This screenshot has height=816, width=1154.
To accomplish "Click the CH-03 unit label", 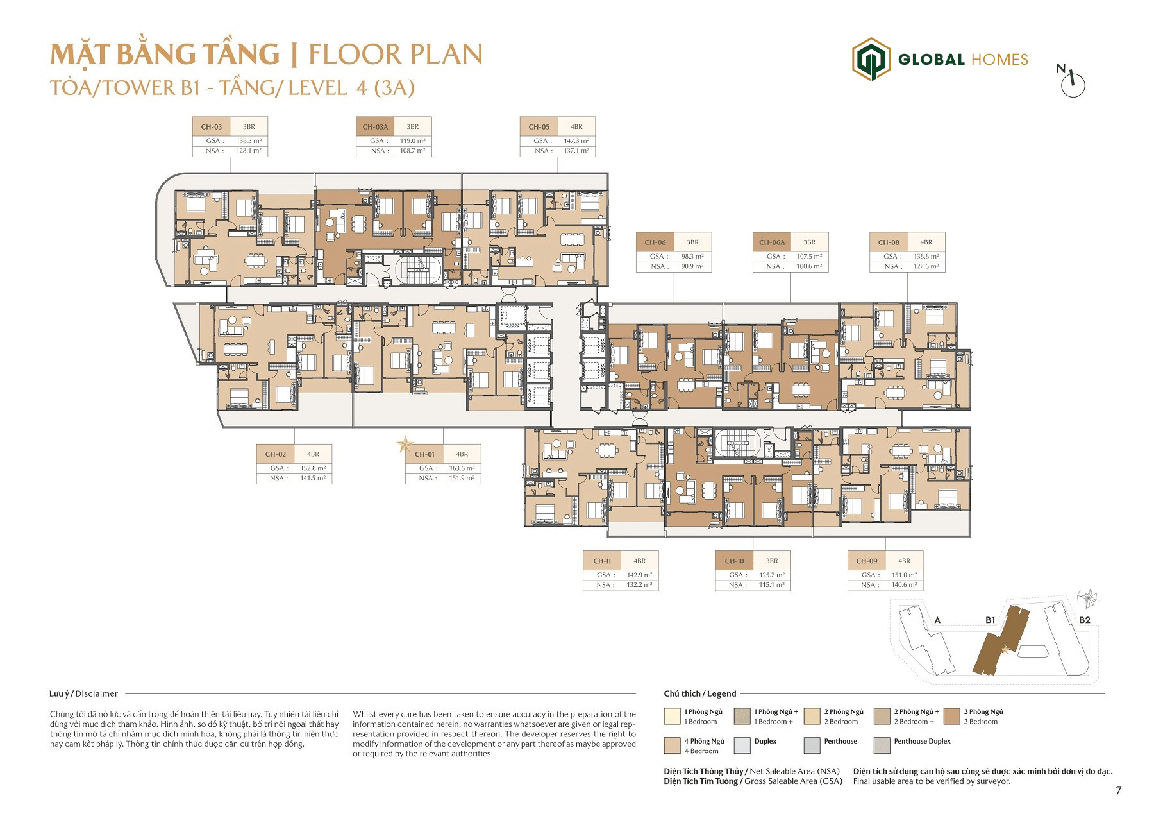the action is pos(212,127).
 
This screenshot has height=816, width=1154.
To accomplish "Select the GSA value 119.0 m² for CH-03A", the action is pos(412,141).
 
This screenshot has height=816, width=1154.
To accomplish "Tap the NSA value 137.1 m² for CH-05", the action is pos(576,151).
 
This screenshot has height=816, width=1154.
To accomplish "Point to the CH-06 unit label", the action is pos(655,242).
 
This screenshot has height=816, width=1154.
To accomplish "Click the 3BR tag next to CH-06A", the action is pos(810,242).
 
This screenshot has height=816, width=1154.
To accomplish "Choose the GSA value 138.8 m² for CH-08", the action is pos(926,257).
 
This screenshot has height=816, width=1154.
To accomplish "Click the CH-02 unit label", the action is pos(276,454).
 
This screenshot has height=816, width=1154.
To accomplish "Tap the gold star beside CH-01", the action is pos(405,444).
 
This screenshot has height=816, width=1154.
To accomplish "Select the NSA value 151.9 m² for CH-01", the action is pos(462,479).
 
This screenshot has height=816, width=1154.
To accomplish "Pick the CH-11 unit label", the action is pos(602,561).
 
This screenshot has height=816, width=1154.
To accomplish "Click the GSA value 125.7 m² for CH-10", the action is pos(772,575).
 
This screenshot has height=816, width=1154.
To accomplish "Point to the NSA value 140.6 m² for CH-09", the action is pos(904,585).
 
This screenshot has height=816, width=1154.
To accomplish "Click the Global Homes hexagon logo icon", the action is pos(871,60).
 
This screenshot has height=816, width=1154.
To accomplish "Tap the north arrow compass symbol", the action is pos(1071,81).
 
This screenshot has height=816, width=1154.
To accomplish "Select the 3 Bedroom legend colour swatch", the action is pos(952,716).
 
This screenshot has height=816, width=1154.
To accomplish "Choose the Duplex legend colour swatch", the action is pos(742,745).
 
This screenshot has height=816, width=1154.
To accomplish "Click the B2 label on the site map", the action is pos(1085,620).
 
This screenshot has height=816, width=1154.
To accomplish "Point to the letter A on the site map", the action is pos(937,620).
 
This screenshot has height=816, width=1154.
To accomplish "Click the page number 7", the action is pos(1119,791).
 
